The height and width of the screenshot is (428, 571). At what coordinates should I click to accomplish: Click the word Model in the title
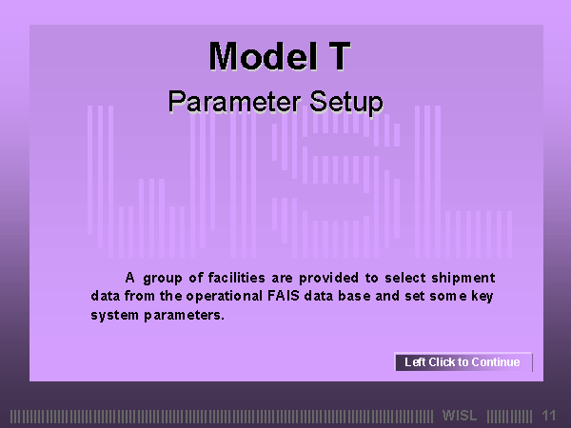pyautogui.click(x=263, y=56)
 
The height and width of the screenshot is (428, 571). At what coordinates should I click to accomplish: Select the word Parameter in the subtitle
pyautogui.click(x=234, y=103)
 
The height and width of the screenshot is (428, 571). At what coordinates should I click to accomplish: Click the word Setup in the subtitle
pyautogui.click(x=346, y=103)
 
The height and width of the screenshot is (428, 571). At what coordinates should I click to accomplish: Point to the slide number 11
pyautogui.click(x=548, y=416)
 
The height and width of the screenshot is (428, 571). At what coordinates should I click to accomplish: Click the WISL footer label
pyautogui.click(x=460, y=416)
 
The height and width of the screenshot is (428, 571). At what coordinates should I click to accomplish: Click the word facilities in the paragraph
pyautogui.click(x=236, y=278)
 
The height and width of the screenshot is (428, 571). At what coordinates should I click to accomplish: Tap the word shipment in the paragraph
pyautogui.click(x=463, y=278)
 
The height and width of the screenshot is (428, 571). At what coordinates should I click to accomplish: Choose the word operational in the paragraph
pyautogui.click(x=224, y=296)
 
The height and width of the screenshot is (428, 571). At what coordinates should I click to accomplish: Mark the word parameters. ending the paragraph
pyautogui.click(x=184, y=315)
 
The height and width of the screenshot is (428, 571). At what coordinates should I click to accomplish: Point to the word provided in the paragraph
pyautogui.click(x=328, y=279)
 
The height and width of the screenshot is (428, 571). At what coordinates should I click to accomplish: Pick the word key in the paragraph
pyautogui.click(x=482, y=296)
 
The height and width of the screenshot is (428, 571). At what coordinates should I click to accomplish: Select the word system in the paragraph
pyautogui.click(x=114, y=315)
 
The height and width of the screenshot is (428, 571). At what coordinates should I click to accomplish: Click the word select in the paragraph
pyautogui.click(x=405, y=278)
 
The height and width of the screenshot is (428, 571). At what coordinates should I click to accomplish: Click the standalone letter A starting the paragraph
pyautogui.click(x=129, y=278)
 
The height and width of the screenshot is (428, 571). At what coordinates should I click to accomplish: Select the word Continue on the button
pyautogui.click(x=496, y=362)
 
